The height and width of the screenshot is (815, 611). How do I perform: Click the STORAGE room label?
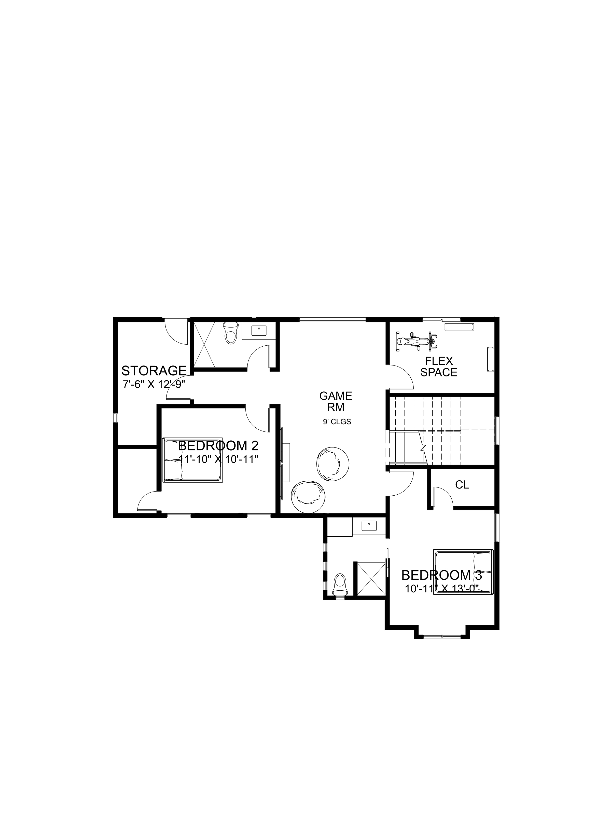point(154,370)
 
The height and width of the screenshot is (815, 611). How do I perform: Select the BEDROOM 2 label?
point(218,446)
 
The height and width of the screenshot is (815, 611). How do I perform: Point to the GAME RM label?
point(336,402)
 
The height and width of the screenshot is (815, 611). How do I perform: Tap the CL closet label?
point(462,485)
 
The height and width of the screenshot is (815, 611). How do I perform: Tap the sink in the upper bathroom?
point(259,331)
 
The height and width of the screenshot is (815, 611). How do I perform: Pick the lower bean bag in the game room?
point(309,496)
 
